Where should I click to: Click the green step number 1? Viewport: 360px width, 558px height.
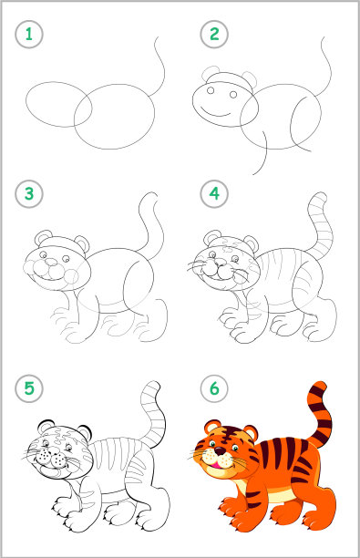click(x=29, y=35)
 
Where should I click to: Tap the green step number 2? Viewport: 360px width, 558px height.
click(x=214, y=34)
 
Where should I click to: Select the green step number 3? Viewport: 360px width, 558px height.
click(x=29, y=194)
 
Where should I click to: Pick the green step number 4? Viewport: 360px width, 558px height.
click(x=214, y=194)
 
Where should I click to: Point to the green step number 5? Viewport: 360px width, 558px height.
click(x=29, y=388)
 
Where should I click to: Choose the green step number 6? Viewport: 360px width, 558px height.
click(x=214, y=388)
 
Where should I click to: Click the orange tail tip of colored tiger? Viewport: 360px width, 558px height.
click(x=320, y=387)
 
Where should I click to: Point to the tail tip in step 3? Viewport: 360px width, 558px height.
click(x=151, y=195)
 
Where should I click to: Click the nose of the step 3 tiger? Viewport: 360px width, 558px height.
click(x=51, y=263)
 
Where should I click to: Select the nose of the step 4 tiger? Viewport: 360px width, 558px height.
click(x=220, y=262)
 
